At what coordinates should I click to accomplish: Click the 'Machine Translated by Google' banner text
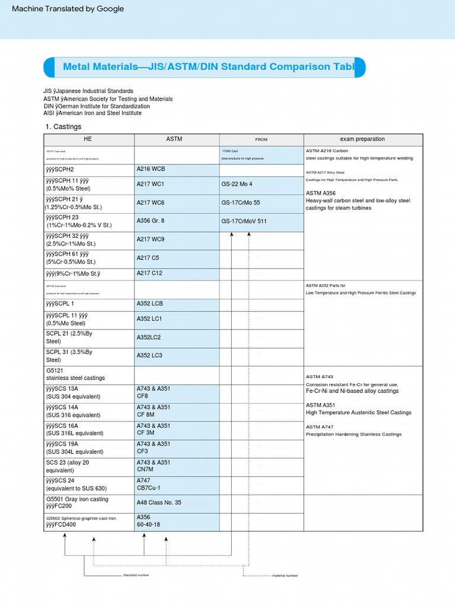coord(68,9)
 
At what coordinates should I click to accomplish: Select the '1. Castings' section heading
coord(63,127)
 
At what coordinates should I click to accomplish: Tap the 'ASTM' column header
coord(174,139)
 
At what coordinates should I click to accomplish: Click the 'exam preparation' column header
coord(362,139)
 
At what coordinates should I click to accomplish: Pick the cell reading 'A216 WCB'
coord(150,169)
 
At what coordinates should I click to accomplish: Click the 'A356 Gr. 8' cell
coord(150,221)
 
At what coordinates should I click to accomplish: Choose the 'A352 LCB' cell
coord(149,304)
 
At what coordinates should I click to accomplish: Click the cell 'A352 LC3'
coord(149,355)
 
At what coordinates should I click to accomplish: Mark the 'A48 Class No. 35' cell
coord(159,502)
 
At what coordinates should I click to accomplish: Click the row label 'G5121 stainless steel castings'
coord(75,374)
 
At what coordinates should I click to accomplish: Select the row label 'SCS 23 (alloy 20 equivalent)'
coord(69,466)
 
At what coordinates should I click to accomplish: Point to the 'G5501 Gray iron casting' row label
coord(77,499)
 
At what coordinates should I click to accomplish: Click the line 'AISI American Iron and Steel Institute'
coord(92,113)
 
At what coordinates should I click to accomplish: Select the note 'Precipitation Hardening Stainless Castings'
coord(353,434)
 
